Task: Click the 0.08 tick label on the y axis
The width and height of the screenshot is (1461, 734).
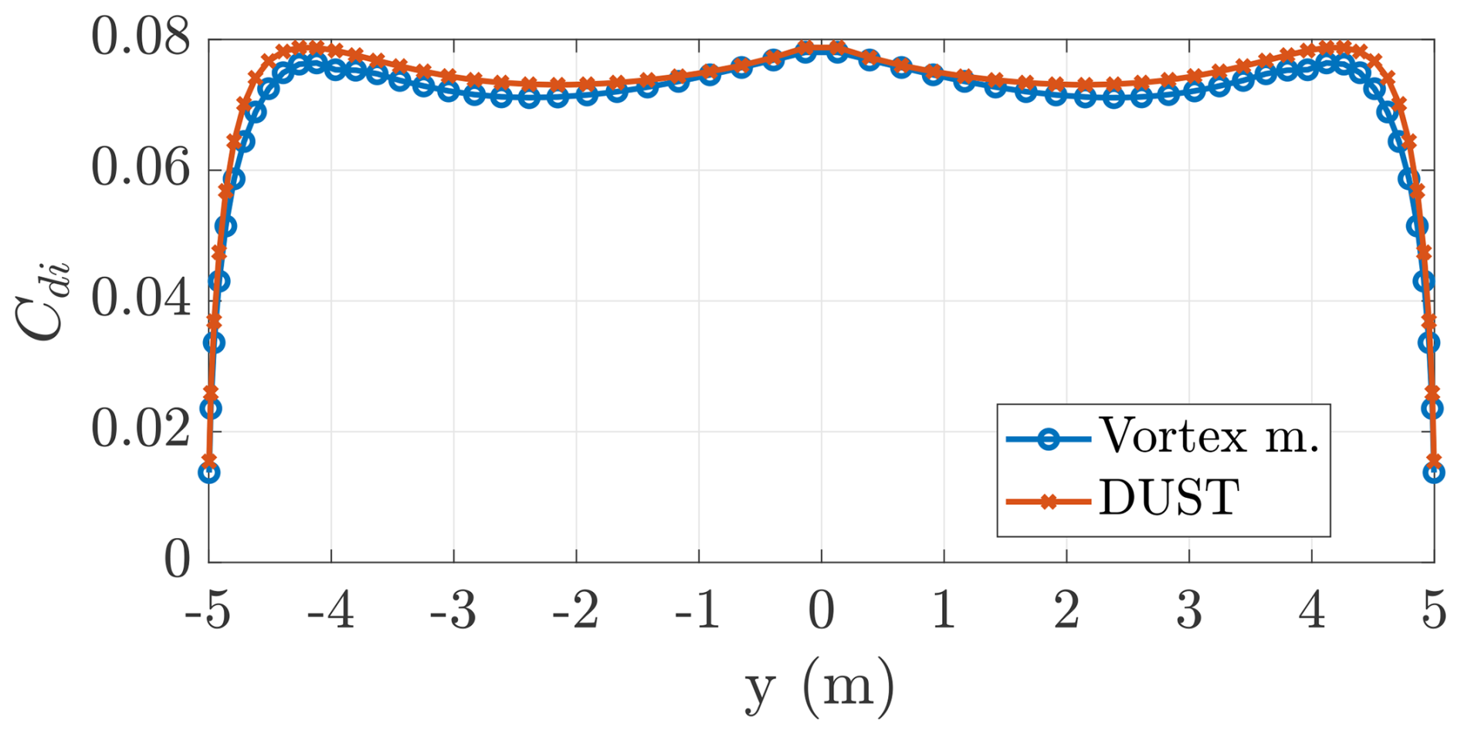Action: (x=141, y=38)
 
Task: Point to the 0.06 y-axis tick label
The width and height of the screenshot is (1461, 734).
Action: (x=141, y=170)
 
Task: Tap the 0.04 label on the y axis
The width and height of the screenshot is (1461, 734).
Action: (x=141, y=300)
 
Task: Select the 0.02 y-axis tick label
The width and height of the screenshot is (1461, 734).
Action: (x=141, y=431)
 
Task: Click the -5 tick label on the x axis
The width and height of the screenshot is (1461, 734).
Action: (x=208, y=612)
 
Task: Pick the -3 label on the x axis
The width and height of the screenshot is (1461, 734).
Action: (x=453, y=612)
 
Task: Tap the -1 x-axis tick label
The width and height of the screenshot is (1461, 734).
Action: (x=697, y=612)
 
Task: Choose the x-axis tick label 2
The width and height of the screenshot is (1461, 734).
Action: (x=1066, y=612)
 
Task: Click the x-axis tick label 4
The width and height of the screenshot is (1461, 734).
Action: (x=1311, y=612)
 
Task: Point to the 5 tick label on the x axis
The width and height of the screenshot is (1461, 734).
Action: (x=1434, y=612)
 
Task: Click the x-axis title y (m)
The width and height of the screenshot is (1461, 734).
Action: (x=820, y=686)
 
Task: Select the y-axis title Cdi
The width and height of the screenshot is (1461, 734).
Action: (x=42, y=300)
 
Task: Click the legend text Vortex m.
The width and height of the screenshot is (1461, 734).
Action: (x=1209, y=438)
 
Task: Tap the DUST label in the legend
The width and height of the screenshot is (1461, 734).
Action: (x=1169, y=499)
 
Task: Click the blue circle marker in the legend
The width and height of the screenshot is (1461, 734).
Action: (x=1048, y=439)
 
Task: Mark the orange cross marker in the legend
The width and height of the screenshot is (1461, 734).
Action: (x=1048, y=502)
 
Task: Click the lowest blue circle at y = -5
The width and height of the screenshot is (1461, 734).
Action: (x=208, y=472)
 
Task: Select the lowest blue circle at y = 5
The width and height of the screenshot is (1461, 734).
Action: (x=1433, y=472)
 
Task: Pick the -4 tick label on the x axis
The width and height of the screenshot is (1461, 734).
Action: (x=331, y=612)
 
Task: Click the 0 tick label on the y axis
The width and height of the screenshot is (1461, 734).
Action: (x=177, y=561)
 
